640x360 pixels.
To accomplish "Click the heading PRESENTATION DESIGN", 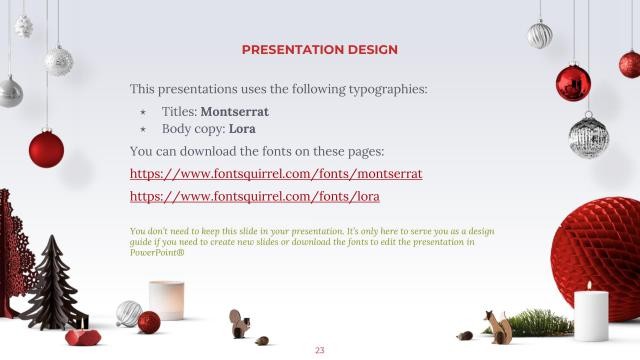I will [320, 50].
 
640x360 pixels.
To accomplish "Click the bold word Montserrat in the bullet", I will [235, 111].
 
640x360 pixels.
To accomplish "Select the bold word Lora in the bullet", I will [241, 129].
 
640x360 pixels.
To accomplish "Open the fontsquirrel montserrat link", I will [276, 173].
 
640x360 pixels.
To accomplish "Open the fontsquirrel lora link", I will [255, 197].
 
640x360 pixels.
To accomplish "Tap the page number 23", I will [320, 350].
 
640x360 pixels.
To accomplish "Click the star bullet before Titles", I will [143, 112].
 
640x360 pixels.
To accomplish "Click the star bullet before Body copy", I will [143, 130].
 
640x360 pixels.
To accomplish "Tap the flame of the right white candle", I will [589, 285].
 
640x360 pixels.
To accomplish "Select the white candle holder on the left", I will [166, 300].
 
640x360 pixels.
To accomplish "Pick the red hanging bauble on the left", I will [46, 149].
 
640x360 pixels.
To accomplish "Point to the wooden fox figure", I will [498, 326].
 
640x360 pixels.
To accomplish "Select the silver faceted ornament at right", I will [588, 135].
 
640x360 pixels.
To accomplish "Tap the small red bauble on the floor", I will [149, 322].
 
